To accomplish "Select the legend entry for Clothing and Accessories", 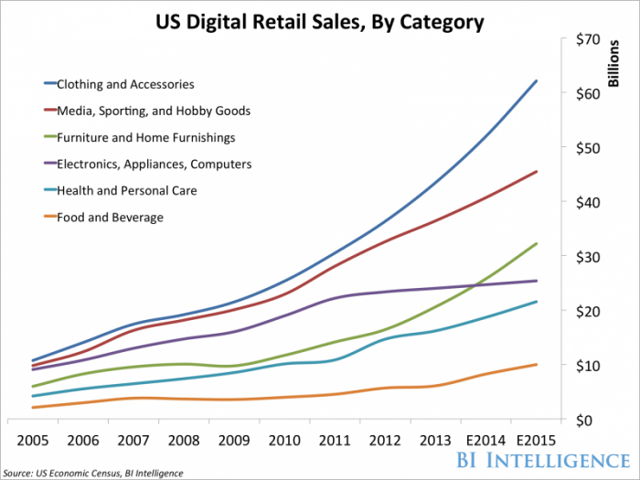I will [x=125, y=84].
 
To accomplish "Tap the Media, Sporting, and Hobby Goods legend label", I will [x=154, y=111].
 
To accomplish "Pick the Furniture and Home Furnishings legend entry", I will [x=146, y=138].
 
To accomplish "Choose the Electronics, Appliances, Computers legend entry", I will [x=155, y=165].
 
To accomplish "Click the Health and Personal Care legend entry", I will [x=126, y=191].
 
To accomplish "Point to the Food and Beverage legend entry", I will [x=109, y=218].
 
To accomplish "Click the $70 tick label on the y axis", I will [x=586, y=39].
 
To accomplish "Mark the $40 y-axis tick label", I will [x=586, y=202].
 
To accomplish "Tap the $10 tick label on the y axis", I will [x=586, y=366].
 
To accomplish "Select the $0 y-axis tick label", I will [x=590, y=420].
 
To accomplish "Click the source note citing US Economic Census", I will [x=92, y=473].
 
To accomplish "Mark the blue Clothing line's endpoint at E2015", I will [x=537, y=80].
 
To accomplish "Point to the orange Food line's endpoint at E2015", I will [x=537, y=364].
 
